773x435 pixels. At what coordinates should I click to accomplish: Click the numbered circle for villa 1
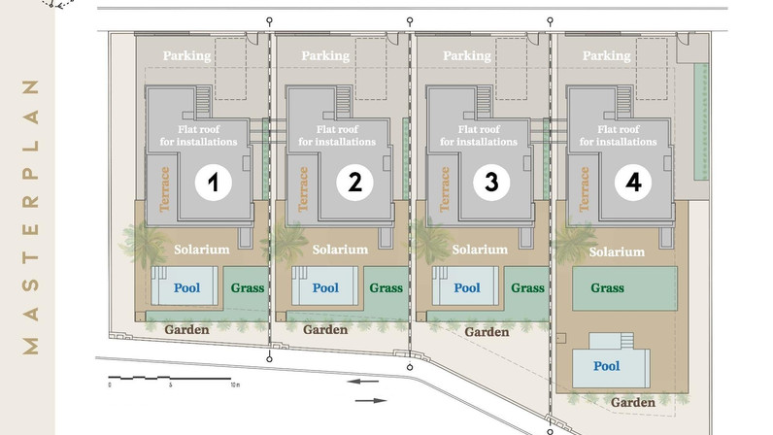coord(213,183)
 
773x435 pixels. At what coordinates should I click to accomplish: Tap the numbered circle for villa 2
coord(355,183)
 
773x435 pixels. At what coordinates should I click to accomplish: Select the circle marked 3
coord(491,183)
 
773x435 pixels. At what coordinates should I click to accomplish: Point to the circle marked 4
coord(633,183)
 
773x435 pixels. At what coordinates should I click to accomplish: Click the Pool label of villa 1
coord(186,287)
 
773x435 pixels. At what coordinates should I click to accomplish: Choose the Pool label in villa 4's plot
coord(606,366)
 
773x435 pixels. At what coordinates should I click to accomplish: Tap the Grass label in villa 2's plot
coord(386,287)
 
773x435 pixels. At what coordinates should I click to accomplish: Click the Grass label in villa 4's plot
coord(607,287)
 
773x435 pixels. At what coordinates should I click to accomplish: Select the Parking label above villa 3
coord(467,55)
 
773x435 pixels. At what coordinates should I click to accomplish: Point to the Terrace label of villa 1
coord(165,189)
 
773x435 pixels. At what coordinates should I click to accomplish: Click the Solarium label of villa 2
coord(340,250)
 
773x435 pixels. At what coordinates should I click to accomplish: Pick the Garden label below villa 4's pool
coord(633,402)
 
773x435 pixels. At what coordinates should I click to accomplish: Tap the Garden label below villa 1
coord(186,329)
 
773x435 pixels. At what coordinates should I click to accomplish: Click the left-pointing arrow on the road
coord(362,382)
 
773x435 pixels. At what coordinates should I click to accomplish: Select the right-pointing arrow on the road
coord(371,400)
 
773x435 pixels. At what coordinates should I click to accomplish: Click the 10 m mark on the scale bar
coord(235,385)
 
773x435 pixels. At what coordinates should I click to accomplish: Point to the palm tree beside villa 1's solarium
coord(145,245)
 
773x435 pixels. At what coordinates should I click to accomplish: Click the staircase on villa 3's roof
coord(485,102)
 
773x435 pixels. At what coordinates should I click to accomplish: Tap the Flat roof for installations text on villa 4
coord(619,136)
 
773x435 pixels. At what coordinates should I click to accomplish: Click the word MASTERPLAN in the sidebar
coord(30,217)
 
